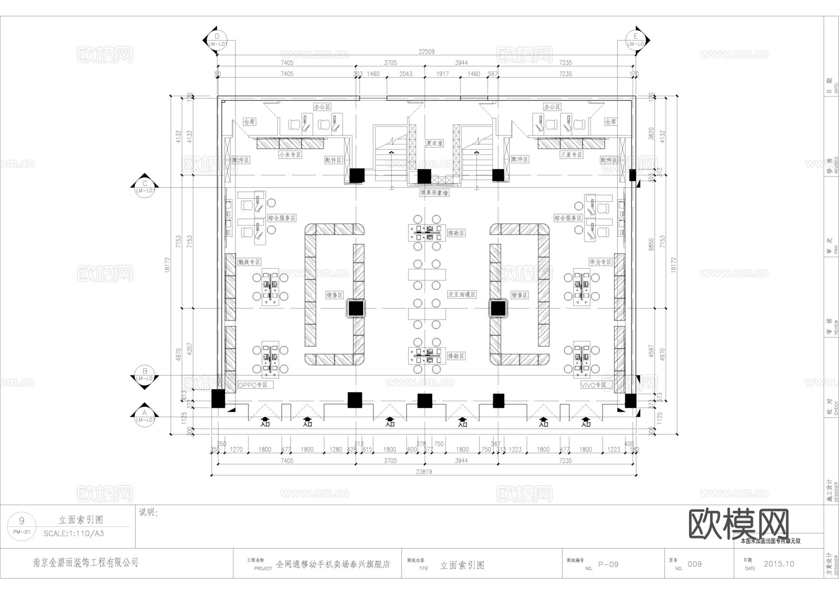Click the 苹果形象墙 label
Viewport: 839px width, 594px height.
tap(434, 193)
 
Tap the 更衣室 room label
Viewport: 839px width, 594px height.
tap(434, 143)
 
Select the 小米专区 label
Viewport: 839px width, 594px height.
tap(290, 154)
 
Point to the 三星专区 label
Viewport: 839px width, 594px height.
tap(571, 154)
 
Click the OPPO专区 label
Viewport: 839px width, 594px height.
tap(254, 385)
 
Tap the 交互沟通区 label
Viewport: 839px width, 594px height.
tap(462, 294)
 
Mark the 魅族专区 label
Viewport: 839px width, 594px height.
tap(249, 262)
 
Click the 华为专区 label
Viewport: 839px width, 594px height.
tap(600, 262)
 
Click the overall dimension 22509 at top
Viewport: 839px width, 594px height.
tap(426, 51)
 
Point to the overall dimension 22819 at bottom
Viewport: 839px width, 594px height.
tap(424, 472)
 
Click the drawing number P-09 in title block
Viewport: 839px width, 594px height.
tap(608, 564)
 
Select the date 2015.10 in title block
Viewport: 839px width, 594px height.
tap(779, 564)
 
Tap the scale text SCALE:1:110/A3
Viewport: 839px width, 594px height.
tap(74, 533)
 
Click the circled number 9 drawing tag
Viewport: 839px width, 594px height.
tap(21, 521)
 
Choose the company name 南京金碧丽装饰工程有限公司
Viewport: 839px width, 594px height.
tap(86, 563)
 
